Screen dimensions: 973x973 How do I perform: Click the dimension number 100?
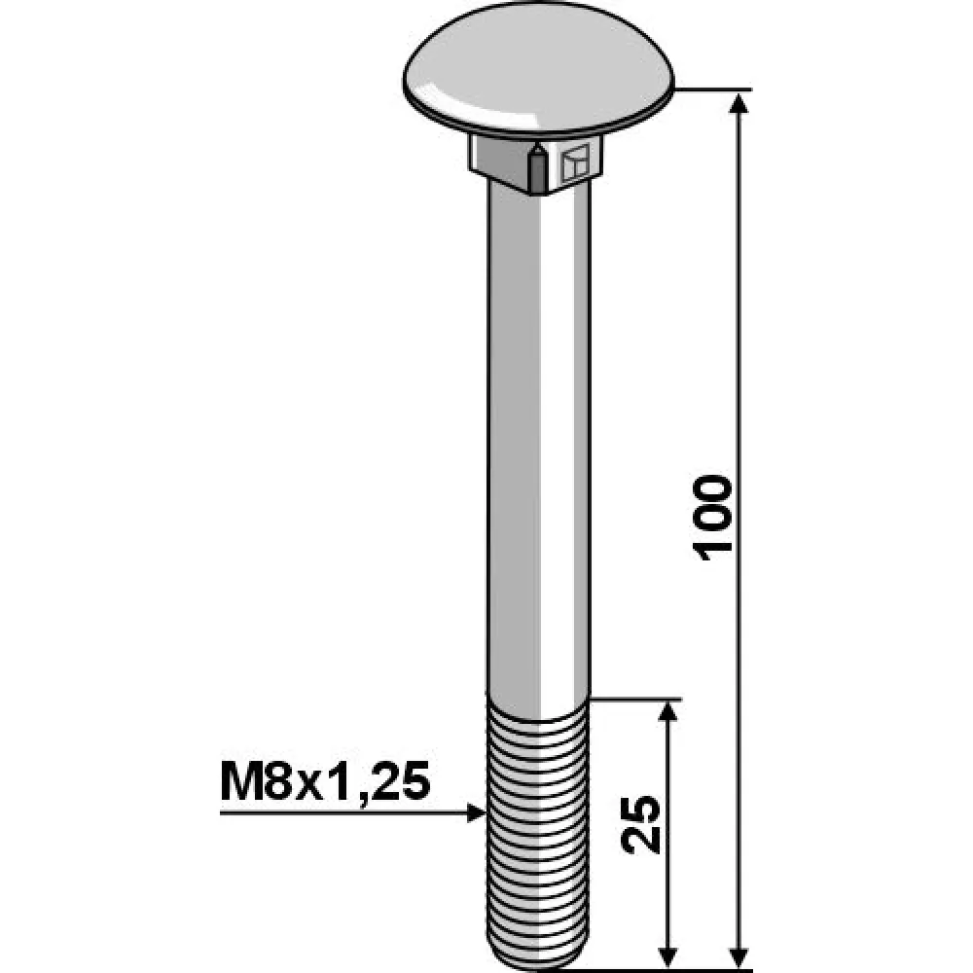713,519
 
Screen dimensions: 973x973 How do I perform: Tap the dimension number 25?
641,824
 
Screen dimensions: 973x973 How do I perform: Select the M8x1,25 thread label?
325,782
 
